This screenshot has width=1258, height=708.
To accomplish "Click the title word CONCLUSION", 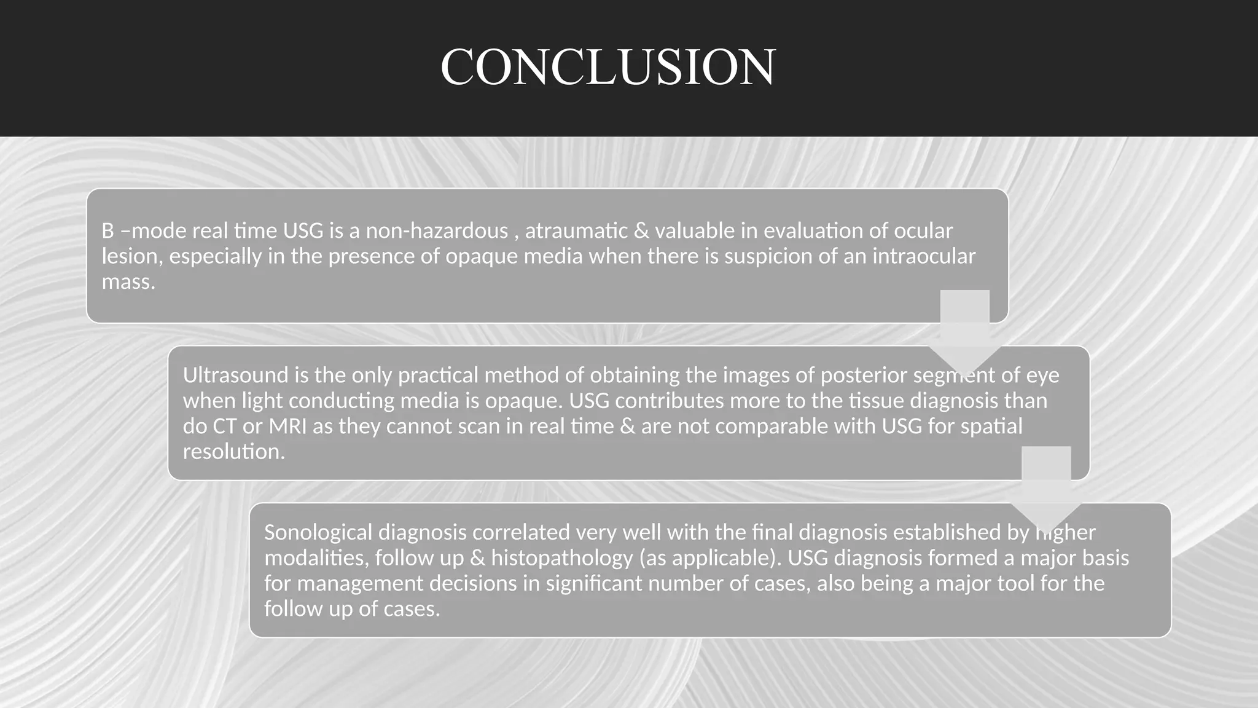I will click(608, 67).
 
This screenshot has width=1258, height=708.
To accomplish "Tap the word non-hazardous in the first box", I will click(437, 231).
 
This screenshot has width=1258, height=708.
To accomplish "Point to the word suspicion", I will click(765, 256).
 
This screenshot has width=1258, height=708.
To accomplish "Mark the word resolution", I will click(233, 452).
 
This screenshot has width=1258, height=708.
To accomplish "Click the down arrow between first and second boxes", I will click(964, 332).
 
